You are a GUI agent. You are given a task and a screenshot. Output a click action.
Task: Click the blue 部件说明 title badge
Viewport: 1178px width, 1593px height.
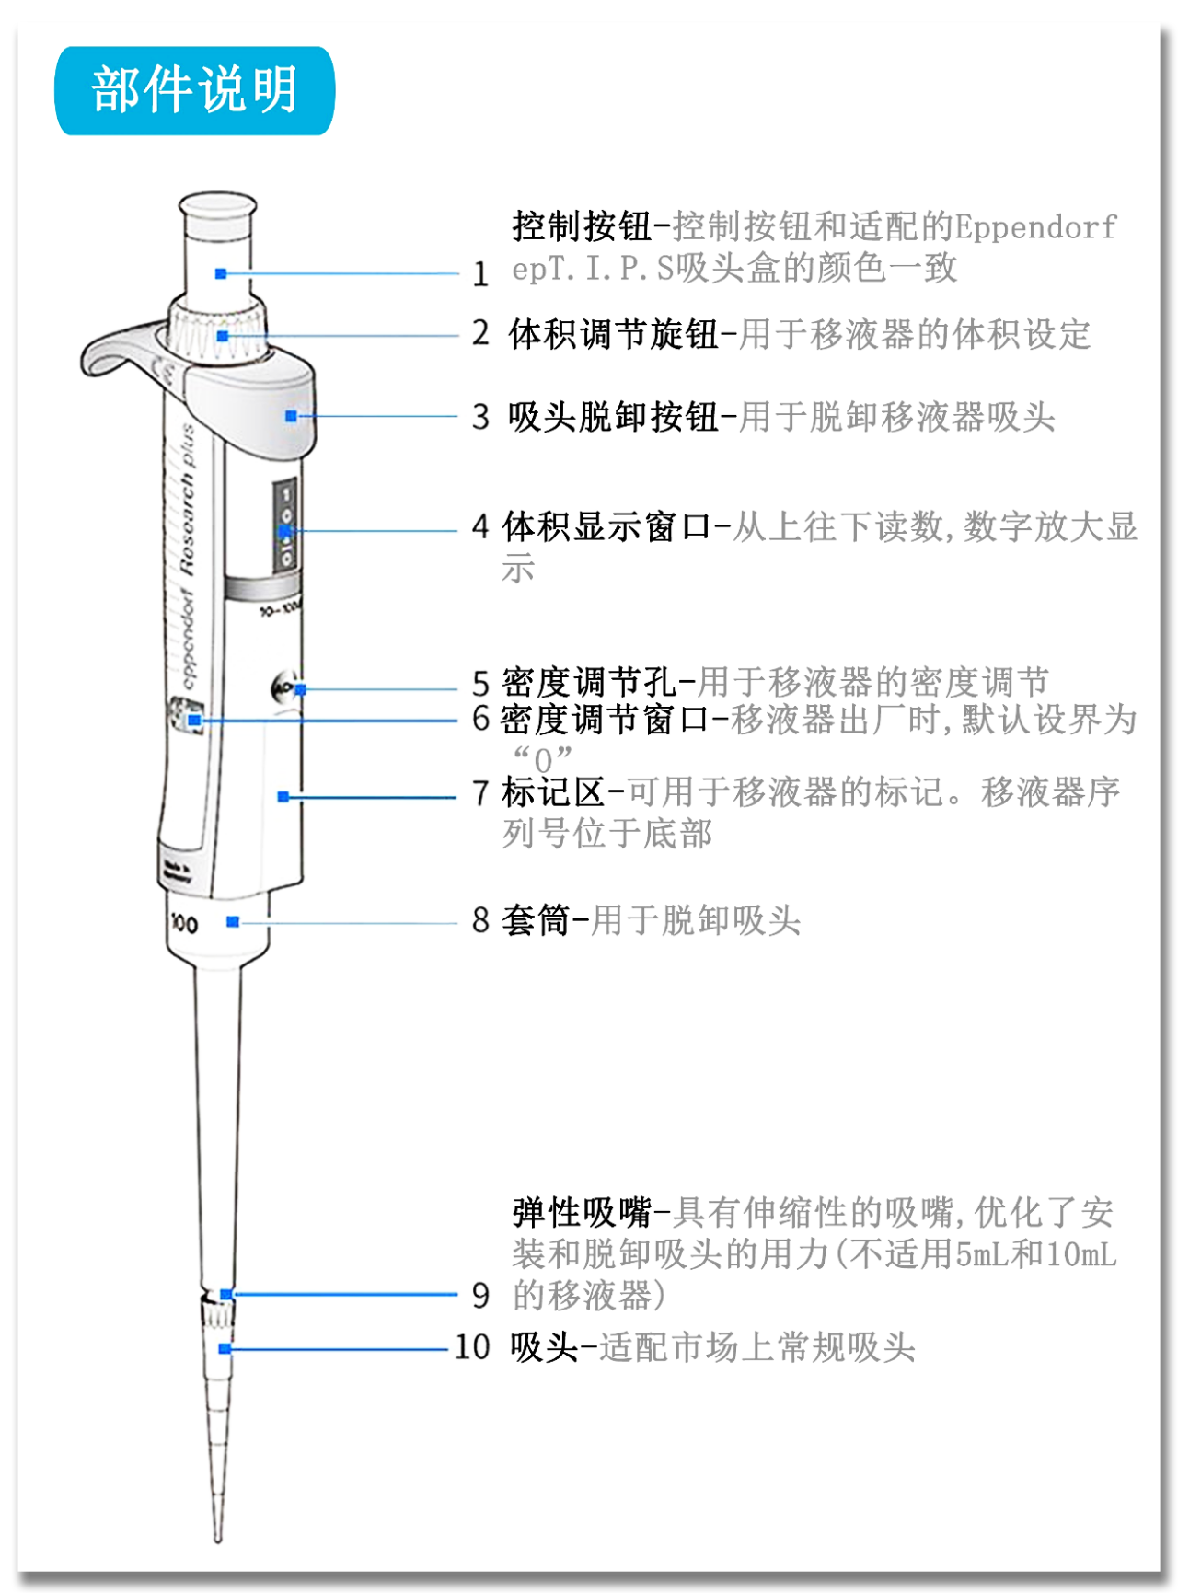195,91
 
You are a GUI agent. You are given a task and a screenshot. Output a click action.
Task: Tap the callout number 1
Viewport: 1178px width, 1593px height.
480,273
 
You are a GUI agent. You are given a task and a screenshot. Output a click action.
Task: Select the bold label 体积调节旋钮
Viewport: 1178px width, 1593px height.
613,334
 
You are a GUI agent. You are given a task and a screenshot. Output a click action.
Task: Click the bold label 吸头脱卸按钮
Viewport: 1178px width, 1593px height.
613,417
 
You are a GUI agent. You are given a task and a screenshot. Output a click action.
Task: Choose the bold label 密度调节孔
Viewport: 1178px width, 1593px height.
589,683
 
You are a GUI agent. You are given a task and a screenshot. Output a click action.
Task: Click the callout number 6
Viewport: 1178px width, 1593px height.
480,719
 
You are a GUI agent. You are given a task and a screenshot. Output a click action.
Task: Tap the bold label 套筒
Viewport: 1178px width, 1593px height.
536,920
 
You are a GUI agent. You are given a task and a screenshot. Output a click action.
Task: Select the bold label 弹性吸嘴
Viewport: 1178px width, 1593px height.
582,1213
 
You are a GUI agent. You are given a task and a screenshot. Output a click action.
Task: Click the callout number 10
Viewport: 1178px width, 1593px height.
472,1347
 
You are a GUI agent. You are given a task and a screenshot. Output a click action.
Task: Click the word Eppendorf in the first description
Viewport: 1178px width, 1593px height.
1035,226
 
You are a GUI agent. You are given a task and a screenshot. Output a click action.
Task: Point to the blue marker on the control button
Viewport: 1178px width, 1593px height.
221,273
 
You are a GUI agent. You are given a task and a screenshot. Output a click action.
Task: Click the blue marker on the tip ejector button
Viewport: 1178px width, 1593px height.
291,416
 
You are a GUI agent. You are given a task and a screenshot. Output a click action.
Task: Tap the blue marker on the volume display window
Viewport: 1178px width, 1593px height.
285,531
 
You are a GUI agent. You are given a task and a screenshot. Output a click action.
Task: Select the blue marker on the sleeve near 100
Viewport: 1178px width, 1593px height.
233,921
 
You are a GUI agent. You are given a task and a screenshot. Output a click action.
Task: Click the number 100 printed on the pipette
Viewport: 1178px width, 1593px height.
184,923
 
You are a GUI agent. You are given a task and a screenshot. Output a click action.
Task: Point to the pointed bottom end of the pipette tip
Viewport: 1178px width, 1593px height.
218,1536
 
